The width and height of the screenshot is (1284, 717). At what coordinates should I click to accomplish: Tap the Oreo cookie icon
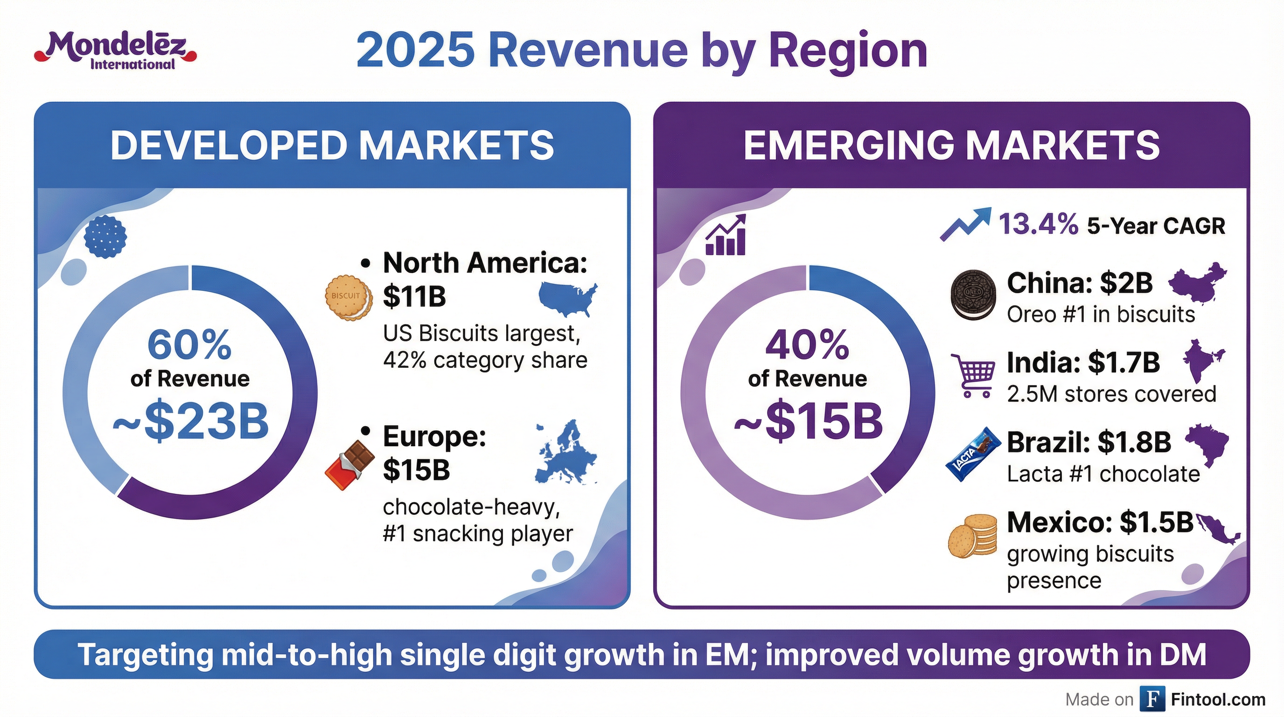[973, 295]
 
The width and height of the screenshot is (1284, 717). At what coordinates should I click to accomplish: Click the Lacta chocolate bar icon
[973, 454]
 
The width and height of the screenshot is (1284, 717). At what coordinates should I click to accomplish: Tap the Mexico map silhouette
[1218, 528]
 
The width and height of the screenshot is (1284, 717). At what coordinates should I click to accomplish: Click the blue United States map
[568, 298]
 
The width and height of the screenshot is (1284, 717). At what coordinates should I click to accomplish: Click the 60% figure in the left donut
[189, 344]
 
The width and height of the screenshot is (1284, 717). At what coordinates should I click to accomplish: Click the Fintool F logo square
[1152, 699]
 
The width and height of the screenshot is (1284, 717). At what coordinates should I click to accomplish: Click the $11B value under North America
[414, 296]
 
